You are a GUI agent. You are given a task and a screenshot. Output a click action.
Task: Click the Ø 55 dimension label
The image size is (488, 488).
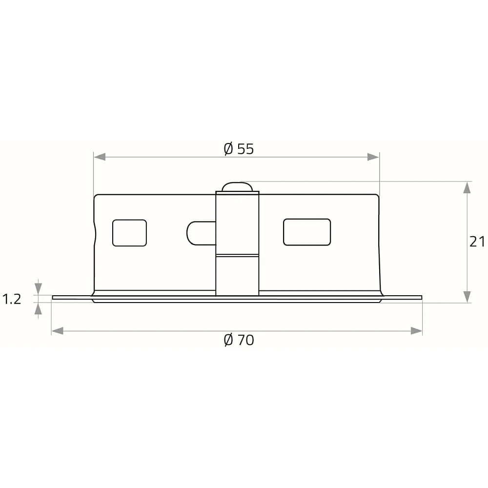pos(239,149)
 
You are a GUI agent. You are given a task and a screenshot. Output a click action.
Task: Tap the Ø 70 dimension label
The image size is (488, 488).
pos(239,340)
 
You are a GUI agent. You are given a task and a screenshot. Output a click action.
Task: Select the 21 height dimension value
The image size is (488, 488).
pos(477,242)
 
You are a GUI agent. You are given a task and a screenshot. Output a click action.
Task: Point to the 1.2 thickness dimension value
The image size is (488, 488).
pos(12,299)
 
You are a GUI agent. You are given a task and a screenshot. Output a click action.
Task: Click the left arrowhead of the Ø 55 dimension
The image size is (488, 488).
pos(100,157)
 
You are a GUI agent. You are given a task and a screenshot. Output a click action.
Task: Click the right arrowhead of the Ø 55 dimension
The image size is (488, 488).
pos(373,157)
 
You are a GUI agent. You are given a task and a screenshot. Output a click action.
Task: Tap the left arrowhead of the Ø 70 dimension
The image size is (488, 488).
pos(58,331)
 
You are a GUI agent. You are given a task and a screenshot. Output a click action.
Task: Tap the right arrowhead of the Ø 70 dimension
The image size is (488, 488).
pos(416,331)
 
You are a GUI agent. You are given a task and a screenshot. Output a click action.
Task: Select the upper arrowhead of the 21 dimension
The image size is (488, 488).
pos(467,188)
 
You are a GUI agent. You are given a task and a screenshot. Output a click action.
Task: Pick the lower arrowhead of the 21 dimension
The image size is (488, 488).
pos(467,297)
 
